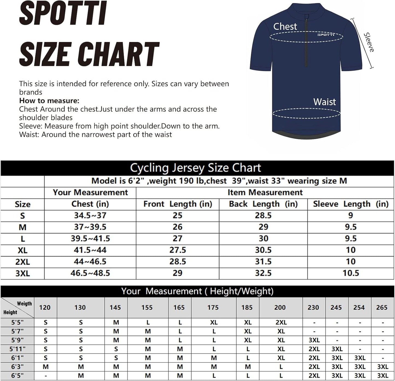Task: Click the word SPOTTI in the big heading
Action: click(63, 14)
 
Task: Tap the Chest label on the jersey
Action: click(285, 26)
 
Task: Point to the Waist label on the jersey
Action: click(324, 102)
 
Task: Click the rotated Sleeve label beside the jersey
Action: click(368, 42)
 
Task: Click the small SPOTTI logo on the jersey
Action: click(326, 35)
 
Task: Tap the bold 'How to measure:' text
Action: click(49, 101)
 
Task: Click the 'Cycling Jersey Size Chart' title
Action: click(195, 168)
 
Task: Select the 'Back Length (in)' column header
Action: click(263, 204)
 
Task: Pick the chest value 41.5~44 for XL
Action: click(90, 250)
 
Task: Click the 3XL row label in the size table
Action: click(22, 273)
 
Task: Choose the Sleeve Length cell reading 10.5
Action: click(351, 273)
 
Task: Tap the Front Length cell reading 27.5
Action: click(177, 250)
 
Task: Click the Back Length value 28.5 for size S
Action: click(263, 215)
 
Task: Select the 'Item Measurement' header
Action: click(265, 193)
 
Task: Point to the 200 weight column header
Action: click(280, 307)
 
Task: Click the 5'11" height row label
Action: click(17, 349)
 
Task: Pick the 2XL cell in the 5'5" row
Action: click(281, 322)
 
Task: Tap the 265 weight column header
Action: click(382, 307)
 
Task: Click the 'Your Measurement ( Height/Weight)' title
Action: click(197, 291)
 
